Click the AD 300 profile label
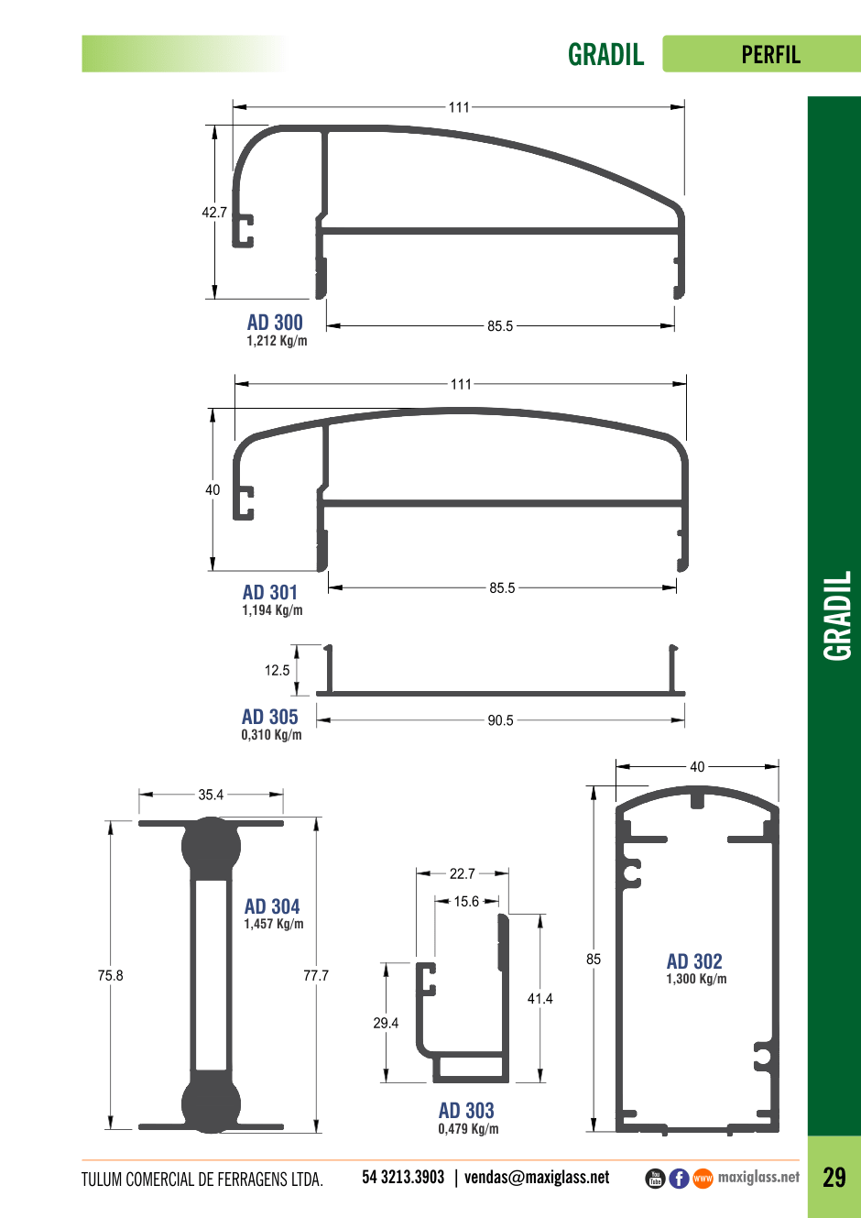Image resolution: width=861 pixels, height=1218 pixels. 275,323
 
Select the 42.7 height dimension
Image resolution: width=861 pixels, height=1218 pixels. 214,212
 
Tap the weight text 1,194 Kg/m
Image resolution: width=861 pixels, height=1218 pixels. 272,610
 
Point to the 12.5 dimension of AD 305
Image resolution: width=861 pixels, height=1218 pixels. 277,671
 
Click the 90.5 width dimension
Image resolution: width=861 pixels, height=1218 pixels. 500,720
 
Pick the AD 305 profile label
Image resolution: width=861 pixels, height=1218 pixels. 269,717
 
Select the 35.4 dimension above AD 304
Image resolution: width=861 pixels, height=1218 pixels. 211,795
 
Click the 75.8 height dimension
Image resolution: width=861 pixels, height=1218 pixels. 110,975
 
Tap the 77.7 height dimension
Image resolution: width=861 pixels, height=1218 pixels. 316,975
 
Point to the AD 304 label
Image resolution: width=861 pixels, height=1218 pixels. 272,906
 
